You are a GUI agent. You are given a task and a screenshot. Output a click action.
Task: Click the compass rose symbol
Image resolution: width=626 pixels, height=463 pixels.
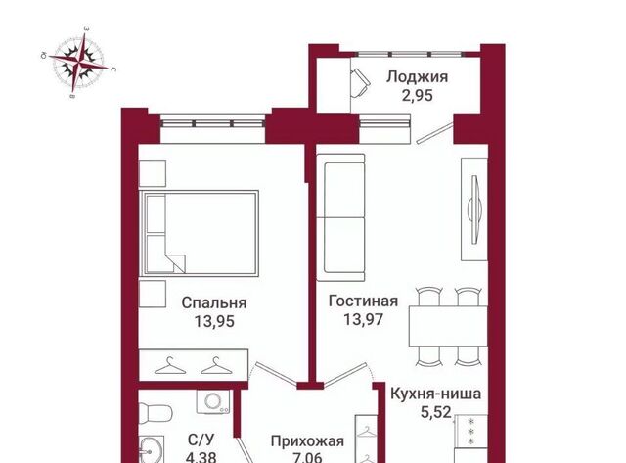point(78,63)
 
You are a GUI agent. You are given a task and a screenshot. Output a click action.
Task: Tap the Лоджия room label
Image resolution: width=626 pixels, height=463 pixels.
point(417,77)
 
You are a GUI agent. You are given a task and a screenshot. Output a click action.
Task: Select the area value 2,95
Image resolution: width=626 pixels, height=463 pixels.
point(418,96)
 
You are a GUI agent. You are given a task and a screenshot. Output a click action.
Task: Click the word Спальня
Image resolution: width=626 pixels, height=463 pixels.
point(213,302)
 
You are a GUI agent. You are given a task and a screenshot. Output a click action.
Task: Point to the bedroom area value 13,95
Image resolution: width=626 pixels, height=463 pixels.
point(214,321)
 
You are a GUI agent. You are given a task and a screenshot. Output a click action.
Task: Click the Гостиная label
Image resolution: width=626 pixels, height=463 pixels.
point(363,301)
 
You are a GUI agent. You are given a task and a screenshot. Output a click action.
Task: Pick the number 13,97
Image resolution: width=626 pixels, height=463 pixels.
point(363,319)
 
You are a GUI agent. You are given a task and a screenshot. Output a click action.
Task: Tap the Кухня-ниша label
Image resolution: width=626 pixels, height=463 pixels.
point(435,394)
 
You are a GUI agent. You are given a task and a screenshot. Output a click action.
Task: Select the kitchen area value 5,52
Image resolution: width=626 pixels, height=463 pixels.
point(436,411)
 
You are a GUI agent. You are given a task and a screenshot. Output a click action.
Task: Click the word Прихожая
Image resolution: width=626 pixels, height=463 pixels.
point(307,441)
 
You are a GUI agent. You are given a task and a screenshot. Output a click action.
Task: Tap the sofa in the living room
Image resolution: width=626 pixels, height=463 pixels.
point(340,217)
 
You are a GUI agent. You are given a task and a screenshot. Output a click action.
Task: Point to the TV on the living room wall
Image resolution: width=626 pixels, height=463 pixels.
point(474,208)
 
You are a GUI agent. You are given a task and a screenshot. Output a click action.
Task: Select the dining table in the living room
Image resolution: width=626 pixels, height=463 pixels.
point(448,326)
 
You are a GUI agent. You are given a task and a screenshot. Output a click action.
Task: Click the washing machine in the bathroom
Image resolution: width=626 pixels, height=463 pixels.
point(213,402)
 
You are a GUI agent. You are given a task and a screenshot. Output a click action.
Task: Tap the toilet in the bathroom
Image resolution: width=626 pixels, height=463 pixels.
point(156,411)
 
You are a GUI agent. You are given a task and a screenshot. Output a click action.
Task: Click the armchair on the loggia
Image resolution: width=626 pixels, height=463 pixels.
point(360,82)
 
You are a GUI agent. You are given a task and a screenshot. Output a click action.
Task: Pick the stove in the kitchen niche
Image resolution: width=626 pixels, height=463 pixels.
point(471,431)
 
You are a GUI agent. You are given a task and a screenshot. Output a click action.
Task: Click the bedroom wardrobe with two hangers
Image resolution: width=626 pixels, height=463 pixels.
point(194,365)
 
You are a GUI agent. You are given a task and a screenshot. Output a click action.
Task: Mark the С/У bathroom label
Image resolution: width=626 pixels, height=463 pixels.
point(201,440)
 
